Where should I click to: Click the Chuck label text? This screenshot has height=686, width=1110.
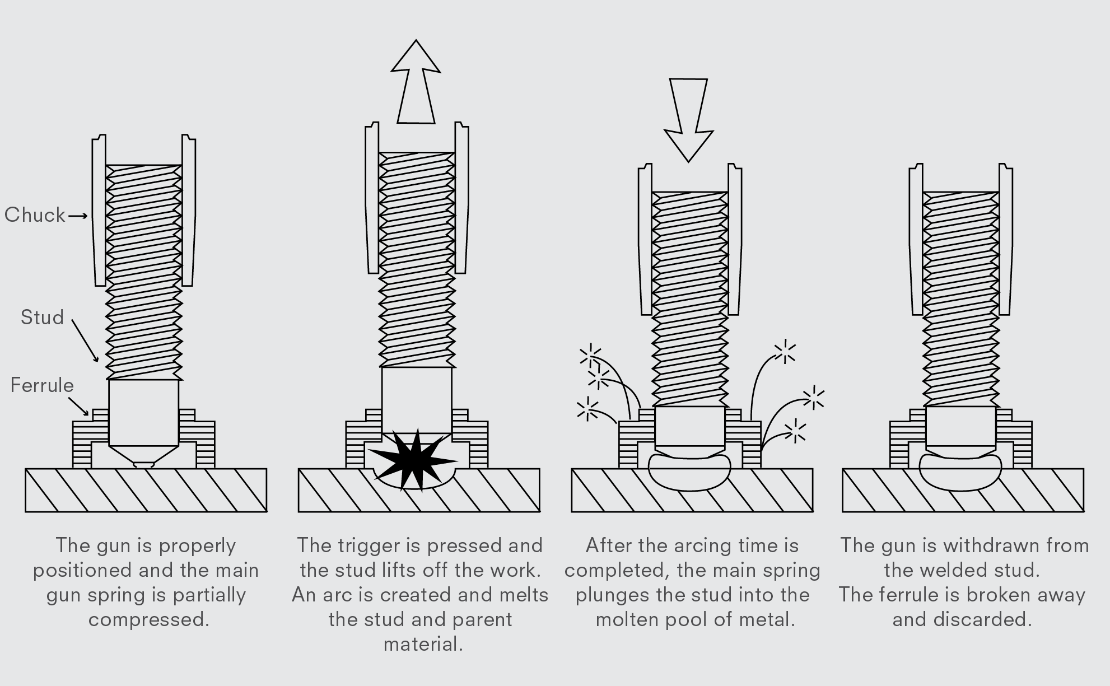pyautogui.click(x=35, y=215)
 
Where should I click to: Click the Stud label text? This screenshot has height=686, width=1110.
pyautogui.click(x=42, y=318)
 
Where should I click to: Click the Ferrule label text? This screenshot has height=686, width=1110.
pyautogui.click(x=42, y=385)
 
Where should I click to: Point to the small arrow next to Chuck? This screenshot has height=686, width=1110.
pyautogui.click(x=78, y=216)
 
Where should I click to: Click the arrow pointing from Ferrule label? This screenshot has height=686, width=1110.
pyautogui.click(x=79, y=406)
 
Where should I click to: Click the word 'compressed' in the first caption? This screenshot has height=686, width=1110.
pyautogui.click(x=148, y=619)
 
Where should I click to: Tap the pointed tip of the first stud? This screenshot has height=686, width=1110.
pyautogui.click(x=144, y=464)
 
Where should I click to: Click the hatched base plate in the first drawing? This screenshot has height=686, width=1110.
pyautogui.click(x=146, y=491)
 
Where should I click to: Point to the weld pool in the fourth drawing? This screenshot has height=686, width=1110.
pyautogui.click(x=960, y=473)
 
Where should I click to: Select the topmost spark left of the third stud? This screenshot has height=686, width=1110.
pyautogui.click(x=590, y=354)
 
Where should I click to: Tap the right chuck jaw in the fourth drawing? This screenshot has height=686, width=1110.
pyautogui.click(x=1005, y=241)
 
